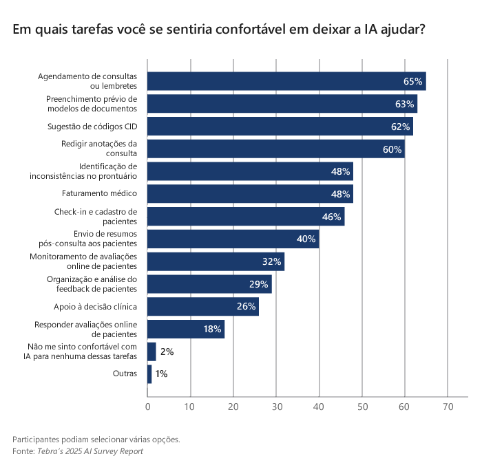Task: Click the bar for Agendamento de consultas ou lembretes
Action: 286,81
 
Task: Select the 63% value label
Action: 404,104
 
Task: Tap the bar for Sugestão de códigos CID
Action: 280,127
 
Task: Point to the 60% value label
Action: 392,149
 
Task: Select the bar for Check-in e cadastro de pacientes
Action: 246,217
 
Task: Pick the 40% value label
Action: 306,239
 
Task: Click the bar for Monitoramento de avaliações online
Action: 216,262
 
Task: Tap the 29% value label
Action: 258,284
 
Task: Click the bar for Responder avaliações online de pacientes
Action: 186,329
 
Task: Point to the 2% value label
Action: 167,352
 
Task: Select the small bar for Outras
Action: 149,374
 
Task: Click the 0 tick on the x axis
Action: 147,407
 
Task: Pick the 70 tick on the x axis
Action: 448,407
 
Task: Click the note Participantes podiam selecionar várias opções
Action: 96,439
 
